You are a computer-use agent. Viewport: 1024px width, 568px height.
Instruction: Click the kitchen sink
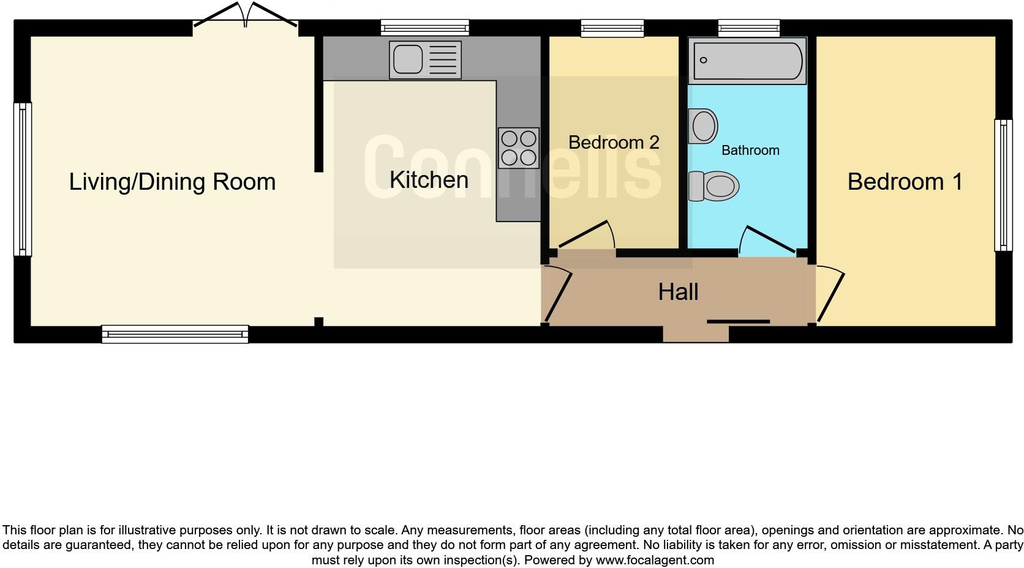[x=424, y=60]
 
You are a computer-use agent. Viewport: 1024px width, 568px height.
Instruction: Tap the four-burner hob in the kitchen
[x=518, y=148]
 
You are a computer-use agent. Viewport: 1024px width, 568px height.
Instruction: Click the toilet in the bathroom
[x=714, y=186]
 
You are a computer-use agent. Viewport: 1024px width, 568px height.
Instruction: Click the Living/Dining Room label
[x=172, y=182]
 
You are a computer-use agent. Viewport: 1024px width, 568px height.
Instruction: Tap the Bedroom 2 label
[x=614, y=143]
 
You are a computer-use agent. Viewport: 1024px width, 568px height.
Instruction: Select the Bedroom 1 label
[x=905, y=182]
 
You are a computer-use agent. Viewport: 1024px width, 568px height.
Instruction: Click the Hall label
[x=678, y=292]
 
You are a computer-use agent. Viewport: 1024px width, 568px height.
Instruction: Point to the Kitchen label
[x=429, y=180]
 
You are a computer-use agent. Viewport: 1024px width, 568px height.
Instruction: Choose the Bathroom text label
[x=750, y=151]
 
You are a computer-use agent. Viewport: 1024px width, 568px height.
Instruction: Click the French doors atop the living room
[x=246, y=15]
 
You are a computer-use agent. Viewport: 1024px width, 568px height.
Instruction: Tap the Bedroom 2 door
[x=587, y=235]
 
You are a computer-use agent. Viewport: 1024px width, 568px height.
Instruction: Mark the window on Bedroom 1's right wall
[x=1003, y=185]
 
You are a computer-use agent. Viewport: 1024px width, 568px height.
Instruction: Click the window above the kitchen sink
[x=424, y=27]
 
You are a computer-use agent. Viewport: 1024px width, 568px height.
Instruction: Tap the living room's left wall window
[x=22, y=179]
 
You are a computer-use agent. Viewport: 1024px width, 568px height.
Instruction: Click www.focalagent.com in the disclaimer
[x=655, y=560]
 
